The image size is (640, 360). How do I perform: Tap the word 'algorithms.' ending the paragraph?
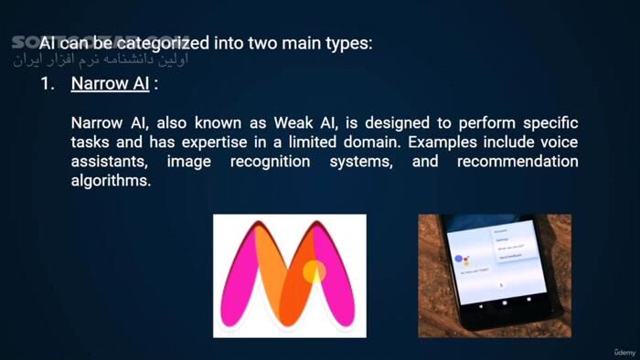click(x=111, y=181)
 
